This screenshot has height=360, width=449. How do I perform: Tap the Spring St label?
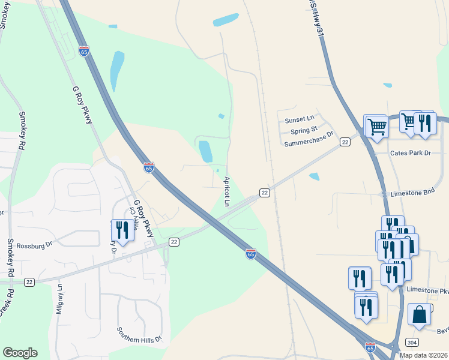[304, 130]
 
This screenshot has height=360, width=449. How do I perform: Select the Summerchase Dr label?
[308, 140]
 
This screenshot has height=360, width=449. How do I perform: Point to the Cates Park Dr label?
[411, 154]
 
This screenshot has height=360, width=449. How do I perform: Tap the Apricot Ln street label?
[228, 191]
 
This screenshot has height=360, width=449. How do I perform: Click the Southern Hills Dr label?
[139, 334]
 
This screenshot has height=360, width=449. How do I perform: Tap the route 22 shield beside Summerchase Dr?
[345, 142]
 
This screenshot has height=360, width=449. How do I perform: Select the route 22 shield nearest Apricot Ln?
[264, 192]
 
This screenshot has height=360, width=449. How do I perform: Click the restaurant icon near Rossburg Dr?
[122, 230]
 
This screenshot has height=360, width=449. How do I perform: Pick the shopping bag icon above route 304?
[419, 314]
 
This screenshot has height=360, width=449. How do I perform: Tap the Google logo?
[20, 353]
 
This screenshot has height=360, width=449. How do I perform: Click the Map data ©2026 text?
[423, 355]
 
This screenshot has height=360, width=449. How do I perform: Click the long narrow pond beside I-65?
[116, 70]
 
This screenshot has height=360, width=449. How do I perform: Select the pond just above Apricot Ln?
[205, 151]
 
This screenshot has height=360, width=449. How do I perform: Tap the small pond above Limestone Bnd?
[313, 176]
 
